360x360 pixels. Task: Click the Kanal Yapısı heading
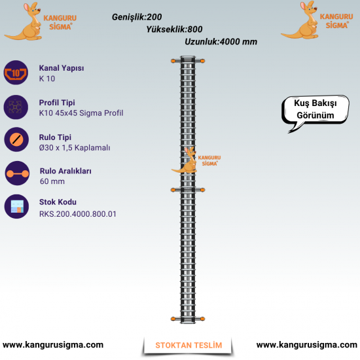[x=62, y=68]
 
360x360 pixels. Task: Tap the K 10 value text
[x=47, y=79]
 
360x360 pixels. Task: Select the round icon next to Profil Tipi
[x=16, y=107]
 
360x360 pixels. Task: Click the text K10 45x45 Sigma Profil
[x=81, y=113]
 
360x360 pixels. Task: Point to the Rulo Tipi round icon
[x=16, y=139]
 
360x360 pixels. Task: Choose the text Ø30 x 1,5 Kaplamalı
[x=75, y=148]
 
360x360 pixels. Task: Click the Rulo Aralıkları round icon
[x=17, y=173]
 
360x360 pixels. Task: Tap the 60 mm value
[x=52, y=181]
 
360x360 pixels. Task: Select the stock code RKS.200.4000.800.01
[x=78, y=214]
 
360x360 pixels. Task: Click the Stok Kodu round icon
[x=16, y=206]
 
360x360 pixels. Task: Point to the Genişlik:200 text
[x=137, y=17]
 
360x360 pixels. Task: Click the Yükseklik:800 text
[x=174, y=29]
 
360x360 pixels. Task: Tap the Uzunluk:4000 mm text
[x=221, y=42]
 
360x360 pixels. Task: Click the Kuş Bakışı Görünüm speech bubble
[x=315, y=110]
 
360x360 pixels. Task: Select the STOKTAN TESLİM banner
[x=189, y=345]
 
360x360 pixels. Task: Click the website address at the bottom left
[x=53, y=344]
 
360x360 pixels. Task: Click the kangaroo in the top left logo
[x=24, y=22]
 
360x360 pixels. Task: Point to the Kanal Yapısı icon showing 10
[x=16, y=73]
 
